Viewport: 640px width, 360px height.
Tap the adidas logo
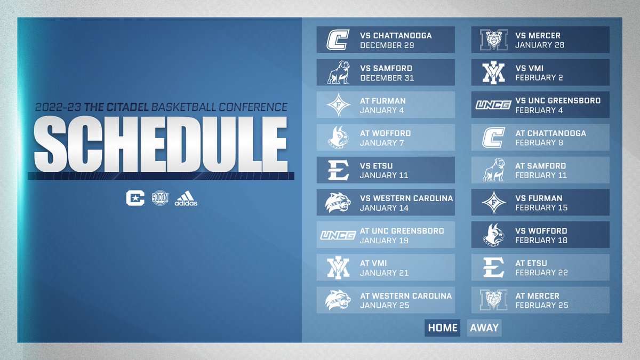(186, 198)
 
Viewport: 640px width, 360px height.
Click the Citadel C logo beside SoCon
(135, 197)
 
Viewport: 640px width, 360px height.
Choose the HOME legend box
(443, 327)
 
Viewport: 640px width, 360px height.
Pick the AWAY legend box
(484, 327)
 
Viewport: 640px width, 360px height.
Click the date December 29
(387, 45)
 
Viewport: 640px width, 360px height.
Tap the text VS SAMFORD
(386, 68)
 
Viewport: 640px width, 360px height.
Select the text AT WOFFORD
(386, 133)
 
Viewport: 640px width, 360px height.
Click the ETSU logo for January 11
(338, 170)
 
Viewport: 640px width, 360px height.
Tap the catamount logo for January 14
(338, 203)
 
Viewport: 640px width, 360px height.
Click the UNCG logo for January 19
(338, 235)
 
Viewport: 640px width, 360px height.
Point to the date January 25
(385, 305)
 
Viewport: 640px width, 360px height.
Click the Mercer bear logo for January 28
(493, 40)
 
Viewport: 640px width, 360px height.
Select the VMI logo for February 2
(493, 73)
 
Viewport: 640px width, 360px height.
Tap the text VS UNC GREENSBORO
(558, 100)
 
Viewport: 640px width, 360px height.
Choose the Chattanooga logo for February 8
(493, 138)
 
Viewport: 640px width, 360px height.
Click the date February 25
(541, 305)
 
